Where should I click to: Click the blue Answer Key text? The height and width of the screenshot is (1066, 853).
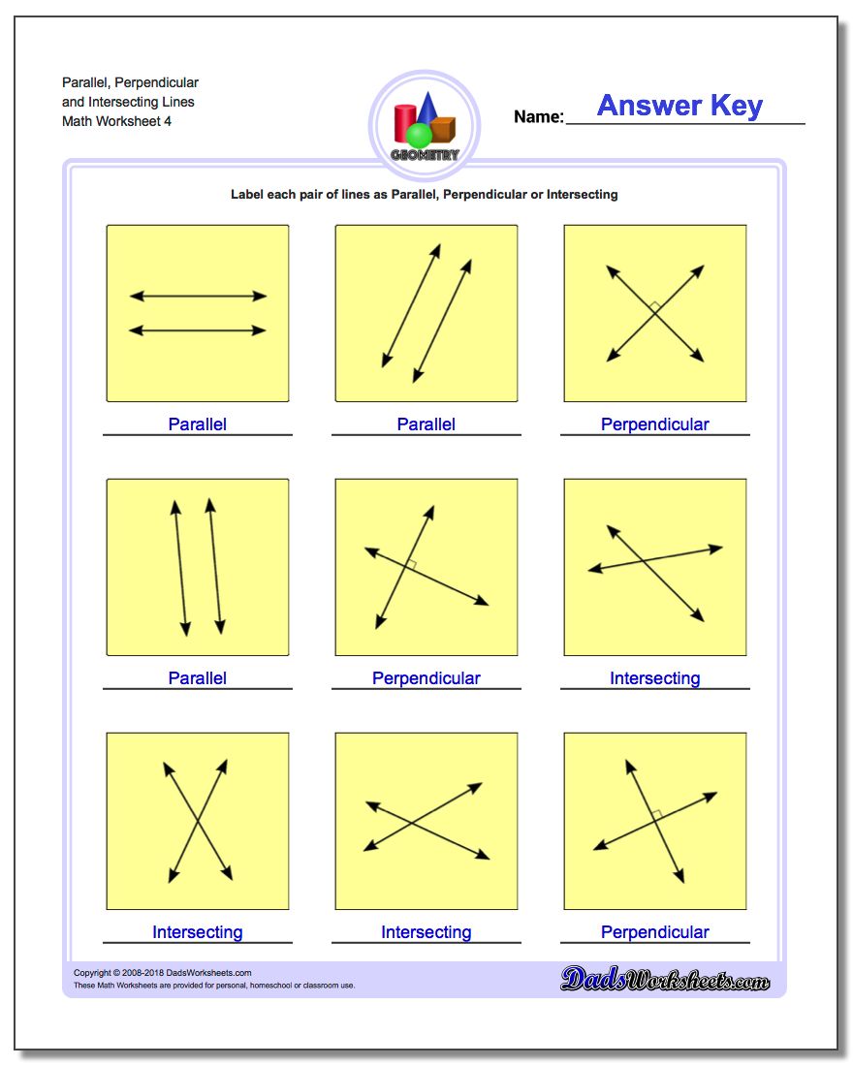[x=679, y=106]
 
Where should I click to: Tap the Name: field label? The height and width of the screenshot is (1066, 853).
[x=538, y=117]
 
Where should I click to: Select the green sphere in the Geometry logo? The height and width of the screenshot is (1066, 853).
[x=420, y=135]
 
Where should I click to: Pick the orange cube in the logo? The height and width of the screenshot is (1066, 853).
[x=443, y=129]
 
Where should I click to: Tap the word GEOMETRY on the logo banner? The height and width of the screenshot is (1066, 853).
[x=425, y=155]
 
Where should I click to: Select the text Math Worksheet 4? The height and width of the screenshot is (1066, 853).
[x=117, y=121]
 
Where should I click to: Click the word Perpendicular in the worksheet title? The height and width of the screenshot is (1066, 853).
[x=156, y=82]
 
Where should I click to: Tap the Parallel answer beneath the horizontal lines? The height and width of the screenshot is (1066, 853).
[x=198, y=424]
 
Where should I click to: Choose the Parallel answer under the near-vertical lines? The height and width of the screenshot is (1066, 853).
[x=198, y=678]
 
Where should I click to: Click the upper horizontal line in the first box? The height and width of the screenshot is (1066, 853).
[x=198, y=296]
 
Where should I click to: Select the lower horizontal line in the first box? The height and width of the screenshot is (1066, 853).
[x=198, y=330]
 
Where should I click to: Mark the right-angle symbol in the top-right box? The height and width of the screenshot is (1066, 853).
[x=655, y=307]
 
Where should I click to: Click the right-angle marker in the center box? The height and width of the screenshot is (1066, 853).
[x=411, y=564]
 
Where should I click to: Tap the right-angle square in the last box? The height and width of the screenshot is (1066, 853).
[x=656, y=816]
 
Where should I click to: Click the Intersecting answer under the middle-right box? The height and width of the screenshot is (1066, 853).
[x=655, y=678]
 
